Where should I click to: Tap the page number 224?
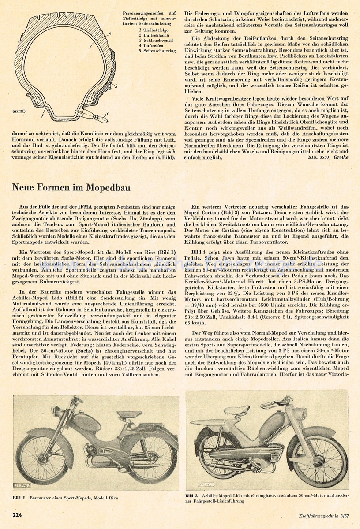click(x=18, y=514)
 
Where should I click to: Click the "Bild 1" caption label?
click(x=21, y=497)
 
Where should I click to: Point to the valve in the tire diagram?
click(x=105, y=118)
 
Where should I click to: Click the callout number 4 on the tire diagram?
click(x=110, y=34)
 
